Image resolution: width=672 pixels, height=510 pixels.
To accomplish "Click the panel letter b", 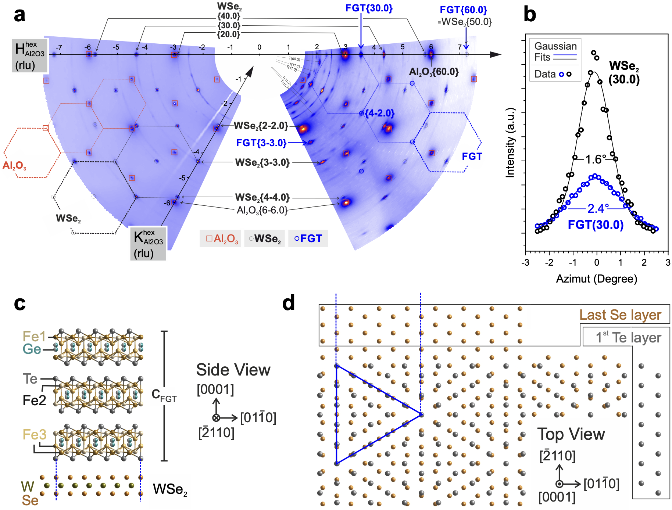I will coord(529,15).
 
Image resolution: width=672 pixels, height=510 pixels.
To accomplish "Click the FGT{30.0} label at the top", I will coord(369,8).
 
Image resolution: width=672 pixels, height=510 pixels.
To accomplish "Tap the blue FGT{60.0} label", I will coord(463,10).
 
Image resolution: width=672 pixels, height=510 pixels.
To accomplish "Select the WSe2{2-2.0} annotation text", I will coord(261,126).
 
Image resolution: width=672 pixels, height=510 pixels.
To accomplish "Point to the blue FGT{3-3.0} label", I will coord(261,143).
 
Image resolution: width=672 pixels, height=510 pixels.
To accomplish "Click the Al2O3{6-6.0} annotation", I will coord(262,210).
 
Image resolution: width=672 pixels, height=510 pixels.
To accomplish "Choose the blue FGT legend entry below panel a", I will coord(308,239).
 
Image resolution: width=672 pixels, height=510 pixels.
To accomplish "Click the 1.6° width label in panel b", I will coord(595,159).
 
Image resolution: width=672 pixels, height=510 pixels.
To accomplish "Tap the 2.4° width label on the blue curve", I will coord(598,209).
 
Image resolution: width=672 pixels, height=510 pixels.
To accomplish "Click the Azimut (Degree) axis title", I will coord(596,279).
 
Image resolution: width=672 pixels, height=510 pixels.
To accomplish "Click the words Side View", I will coord(233,370).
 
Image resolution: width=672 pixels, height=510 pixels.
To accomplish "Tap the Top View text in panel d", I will coord(571,434).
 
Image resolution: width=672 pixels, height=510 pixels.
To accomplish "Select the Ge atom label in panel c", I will coord(32,349).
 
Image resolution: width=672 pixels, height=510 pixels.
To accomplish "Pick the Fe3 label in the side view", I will coord(34,434).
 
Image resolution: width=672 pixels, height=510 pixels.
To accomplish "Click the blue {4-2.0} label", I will coord(379,113).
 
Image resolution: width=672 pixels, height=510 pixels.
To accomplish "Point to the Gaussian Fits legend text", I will coord(555,51).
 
